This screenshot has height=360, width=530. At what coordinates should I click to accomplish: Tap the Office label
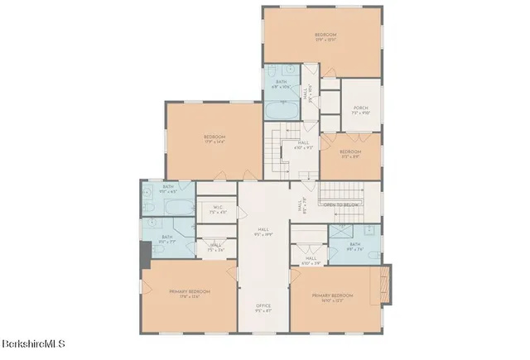263,308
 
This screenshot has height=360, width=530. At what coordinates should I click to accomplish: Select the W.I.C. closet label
218,209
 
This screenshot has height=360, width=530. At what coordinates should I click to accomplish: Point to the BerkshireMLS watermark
32,343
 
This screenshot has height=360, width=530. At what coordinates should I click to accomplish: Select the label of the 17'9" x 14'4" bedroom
214,139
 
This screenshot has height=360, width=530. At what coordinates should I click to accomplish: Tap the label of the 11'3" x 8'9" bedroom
350,154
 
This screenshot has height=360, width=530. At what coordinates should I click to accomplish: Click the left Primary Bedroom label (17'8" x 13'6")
190,294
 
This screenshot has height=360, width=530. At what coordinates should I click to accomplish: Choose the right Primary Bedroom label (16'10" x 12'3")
332,297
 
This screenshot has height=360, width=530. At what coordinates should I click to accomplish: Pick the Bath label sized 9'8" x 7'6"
354,247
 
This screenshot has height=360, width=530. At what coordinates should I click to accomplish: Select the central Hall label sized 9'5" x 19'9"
263,232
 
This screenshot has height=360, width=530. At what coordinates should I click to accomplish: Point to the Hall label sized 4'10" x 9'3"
303,146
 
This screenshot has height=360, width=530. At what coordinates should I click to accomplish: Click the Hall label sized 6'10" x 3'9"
311,261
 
